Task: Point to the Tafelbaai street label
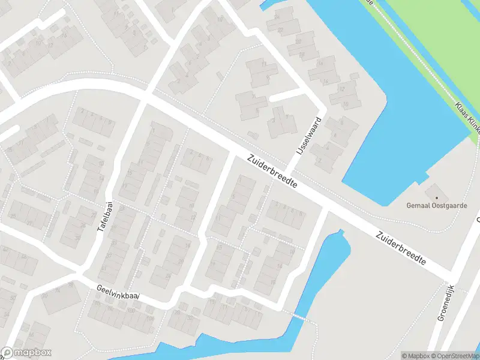[x=109, y=216]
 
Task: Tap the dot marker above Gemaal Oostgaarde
[x=437, y=197]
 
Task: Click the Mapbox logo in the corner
[x=26, y=353]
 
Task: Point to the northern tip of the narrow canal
[x=340, y=231]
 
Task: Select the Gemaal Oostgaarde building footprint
[x=433, y=193]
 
